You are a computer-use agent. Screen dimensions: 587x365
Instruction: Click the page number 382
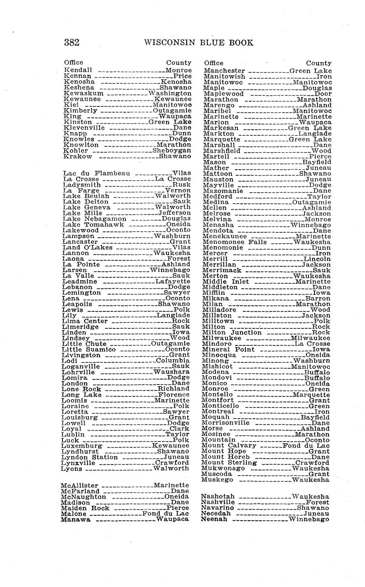click(x=72, y=43)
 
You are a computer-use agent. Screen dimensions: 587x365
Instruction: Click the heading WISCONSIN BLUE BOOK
click(x=199, y=43)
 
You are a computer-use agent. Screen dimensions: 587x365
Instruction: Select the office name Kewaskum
click(x=84, y=93)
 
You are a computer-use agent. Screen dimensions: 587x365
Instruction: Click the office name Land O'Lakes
click(x=88, y=247)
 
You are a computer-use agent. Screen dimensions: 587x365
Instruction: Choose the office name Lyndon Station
click(x=89, y=457)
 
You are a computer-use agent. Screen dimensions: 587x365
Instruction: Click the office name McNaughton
click(x=83, y=497)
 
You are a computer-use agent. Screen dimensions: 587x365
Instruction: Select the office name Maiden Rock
click(x=85, y=508)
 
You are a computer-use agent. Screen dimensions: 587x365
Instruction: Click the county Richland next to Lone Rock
click(x=173, y=389)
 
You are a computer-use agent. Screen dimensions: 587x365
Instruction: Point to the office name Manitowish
click(x=224, y=77)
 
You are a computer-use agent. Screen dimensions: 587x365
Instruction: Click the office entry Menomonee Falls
click(x=235, y=242)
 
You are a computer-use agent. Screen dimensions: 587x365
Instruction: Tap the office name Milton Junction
click(x=232, y=332)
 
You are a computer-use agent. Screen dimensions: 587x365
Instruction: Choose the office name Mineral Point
click(x=228, y=349)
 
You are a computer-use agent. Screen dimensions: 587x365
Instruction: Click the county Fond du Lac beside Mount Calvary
click(x=306, y=446)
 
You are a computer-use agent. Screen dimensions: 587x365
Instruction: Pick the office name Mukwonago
click(x=224, y=468)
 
